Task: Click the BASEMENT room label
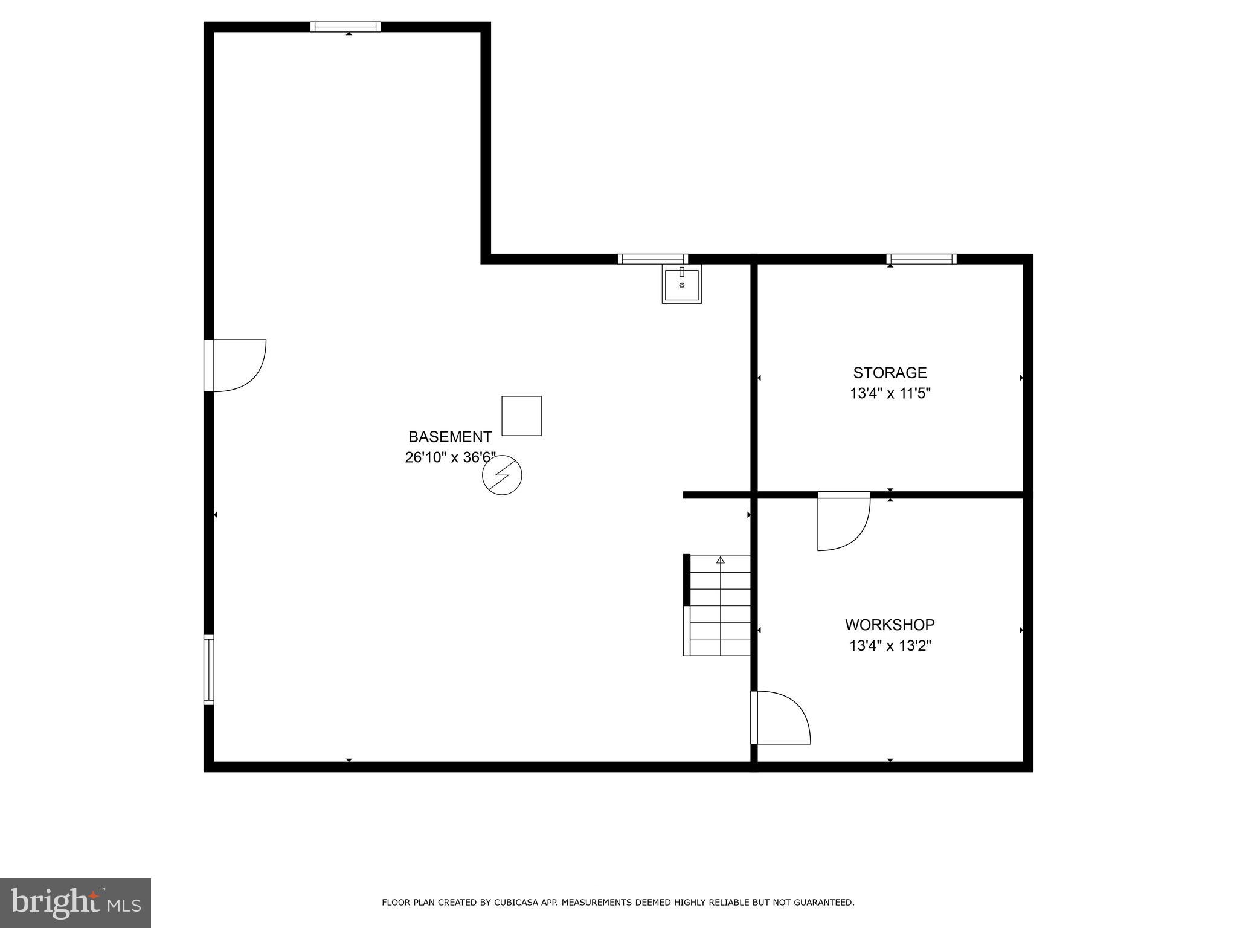click(x=450, y=437)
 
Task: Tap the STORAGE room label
click(x=890, y=372)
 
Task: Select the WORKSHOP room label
click(x=890, y=625)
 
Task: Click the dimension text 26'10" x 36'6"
click(x=450, y=458)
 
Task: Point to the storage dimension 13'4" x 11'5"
click(x=890, y=394)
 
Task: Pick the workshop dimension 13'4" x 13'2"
click(x=890, y=646)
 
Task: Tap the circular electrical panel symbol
click(x=502, y=475)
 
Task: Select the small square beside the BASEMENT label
click(x=521, y=416)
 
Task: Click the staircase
click(x=719, y=606)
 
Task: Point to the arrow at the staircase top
click(x=720, y=560)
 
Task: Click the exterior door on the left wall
click(x=236, y=366)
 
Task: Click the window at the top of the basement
click(x=345, y=27)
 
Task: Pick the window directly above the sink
click(x=653, y=259)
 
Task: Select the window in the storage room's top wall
click(x=921, y=259)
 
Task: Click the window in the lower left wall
click(x=208, y=669)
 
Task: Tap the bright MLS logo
click(x=76, y=903)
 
